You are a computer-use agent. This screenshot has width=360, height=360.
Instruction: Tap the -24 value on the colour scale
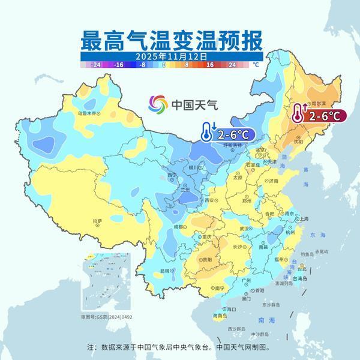tap(95, 64)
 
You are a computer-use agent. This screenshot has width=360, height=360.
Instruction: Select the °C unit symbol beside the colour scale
tap(255, 64)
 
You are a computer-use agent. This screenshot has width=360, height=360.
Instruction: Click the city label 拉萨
tap(98, 221)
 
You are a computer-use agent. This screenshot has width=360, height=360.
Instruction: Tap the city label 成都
tap(179, 227)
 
